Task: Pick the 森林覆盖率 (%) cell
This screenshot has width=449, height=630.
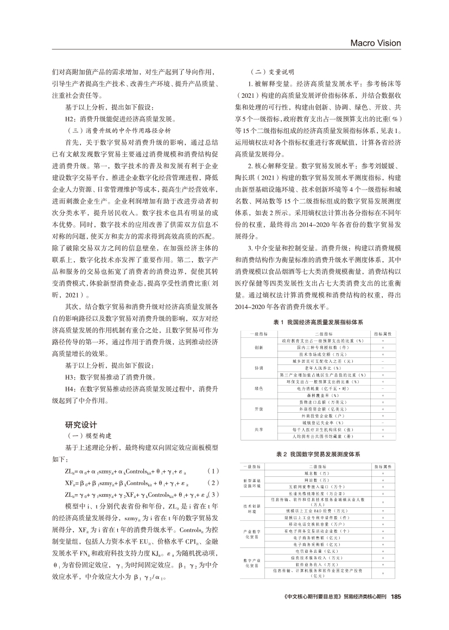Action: point(324,395)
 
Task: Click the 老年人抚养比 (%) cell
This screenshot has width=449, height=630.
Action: point(324,368)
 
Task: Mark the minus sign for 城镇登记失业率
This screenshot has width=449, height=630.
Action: point(383,422)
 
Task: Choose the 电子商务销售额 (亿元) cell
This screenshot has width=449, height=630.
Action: point(324,535)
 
